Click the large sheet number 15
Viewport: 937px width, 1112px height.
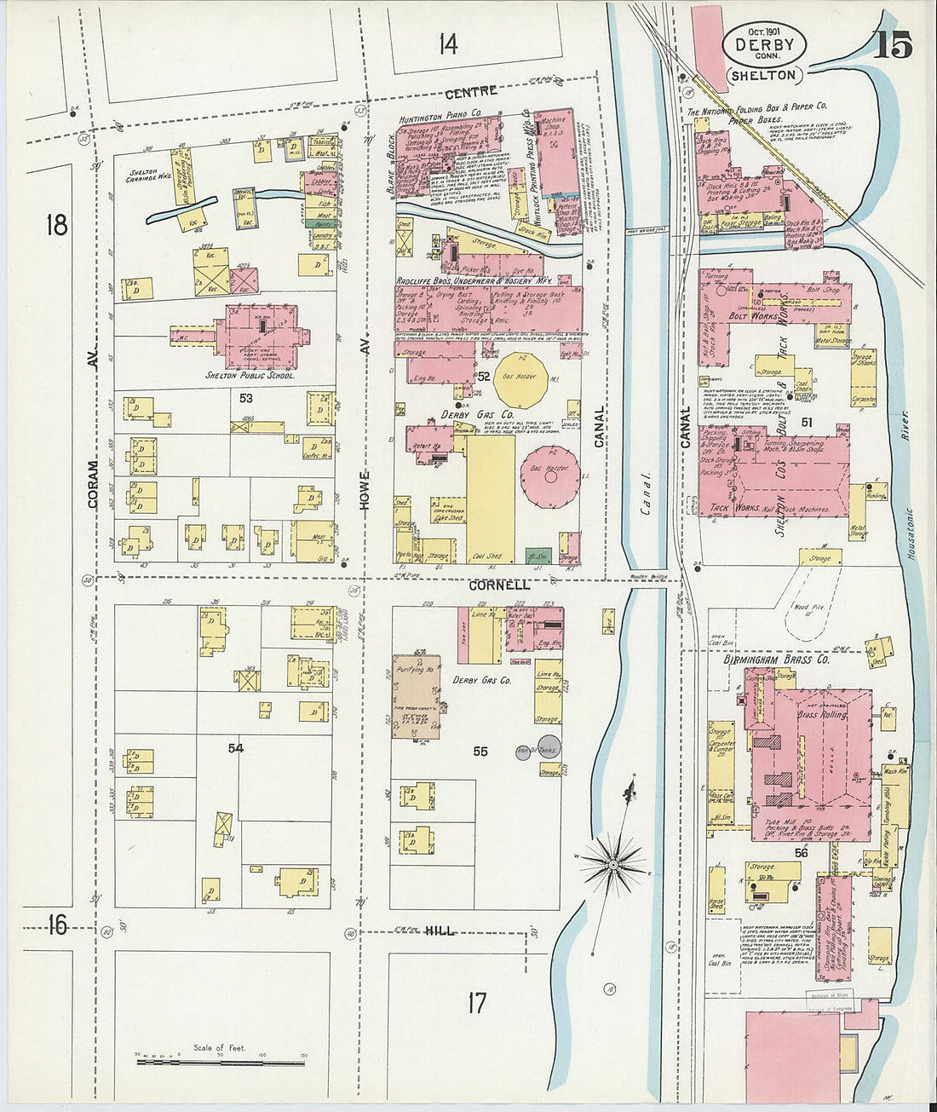[x=892, y=43]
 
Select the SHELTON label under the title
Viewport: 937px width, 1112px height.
[x=764, y=75]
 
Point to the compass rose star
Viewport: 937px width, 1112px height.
[x=612, y=865]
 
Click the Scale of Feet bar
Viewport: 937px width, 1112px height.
[x=220, y=1062]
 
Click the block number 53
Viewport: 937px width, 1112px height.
[x=246, y=398]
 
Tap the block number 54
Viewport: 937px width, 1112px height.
[x=235, y=747]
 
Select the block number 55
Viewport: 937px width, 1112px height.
[x=480, y=751]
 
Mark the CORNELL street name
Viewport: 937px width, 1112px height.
[x=498, y=585]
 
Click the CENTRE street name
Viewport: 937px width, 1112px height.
[x=471, y=91]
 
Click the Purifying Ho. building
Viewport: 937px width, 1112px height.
[x=416, y=695]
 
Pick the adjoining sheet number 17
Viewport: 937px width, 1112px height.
[x=477, y=1003]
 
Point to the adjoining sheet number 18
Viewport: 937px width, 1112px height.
[x=56, y=225]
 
